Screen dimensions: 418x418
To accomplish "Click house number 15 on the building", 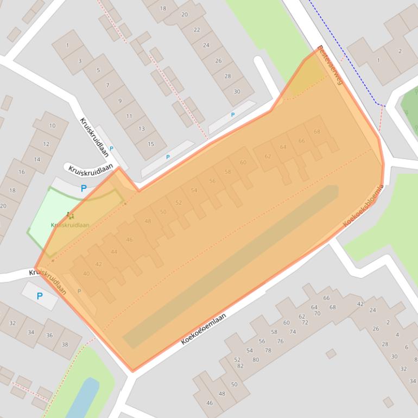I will (x=151, y=144).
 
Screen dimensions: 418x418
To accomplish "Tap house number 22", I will (x=197, y=30).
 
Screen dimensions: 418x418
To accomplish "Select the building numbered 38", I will (x=65, y=344).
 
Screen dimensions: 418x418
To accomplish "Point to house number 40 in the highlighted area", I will (x=86, y=274).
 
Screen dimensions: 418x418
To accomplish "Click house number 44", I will (x=113, y=252).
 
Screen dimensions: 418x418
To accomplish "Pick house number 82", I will (x=240, y=366).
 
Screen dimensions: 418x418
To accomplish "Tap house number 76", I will (x=280, y=341).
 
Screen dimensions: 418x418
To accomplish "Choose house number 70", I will (x=317, y=313).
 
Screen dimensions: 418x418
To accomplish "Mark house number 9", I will (x=120, y=101).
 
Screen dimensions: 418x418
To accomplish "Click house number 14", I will (x=37, y=160).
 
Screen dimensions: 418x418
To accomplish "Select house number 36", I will (x=49, y=335).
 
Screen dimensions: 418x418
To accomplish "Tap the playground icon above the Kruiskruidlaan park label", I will (x=68, y=216).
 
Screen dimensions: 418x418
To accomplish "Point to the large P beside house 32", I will (x=39, y=296).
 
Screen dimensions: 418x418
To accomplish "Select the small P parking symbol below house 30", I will (x=233, y=115).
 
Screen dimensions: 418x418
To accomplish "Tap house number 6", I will (x=407, y=347).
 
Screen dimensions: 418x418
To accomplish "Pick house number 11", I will (x=129, y=116).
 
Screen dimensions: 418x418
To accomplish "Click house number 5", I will (x=98, y=70).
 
